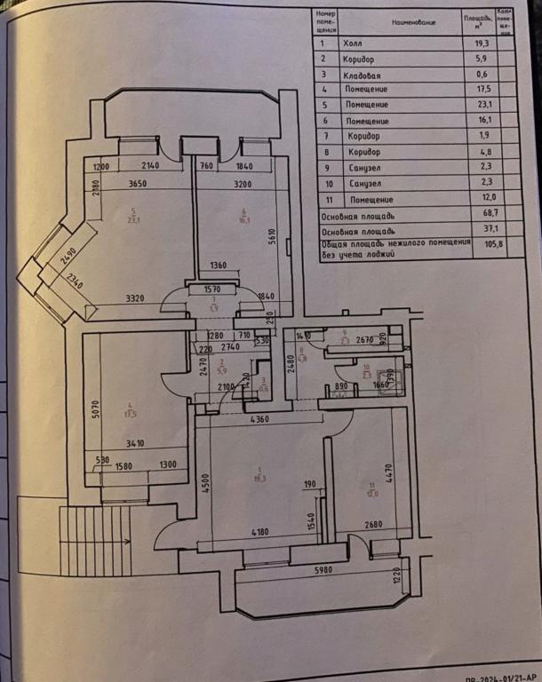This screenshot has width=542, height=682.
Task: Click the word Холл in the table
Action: coord(352,44)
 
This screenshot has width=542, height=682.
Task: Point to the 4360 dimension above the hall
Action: coord(260,419)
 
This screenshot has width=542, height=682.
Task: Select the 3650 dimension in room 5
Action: coord(138,185)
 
